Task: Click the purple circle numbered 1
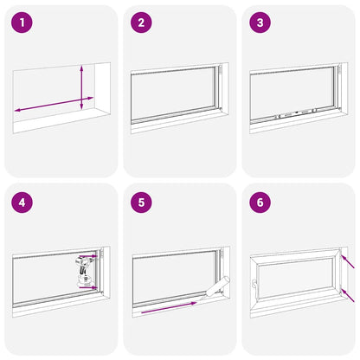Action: coord(22,22)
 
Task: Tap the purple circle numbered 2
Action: coord(141,22)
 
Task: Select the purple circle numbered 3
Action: coord(260,22)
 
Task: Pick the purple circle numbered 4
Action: coord(22,202)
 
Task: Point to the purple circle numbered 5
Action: coord(141,202)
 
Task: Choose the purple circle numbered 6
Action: coord(260,202)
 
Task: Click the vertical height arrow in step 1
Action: coord(81,87)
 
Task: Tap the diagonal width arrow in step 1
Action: coord(54,104)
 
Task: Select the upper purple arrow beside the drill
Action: coord(88,256)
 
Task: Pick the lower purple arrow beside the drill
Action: coord(88,287)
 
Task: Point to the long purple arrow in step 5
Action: coord(169,307)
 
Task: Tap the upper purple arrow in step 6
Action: coord(348,261)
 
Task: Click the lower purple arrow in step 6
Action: coord(348,295)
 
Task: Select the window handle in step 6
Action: coord(254,284)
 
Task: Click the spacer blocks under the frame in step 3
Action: coord(296,113)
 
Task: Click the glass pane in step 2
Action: coord(172,94)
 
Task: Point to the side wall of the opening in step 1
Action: coord(102,88)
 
